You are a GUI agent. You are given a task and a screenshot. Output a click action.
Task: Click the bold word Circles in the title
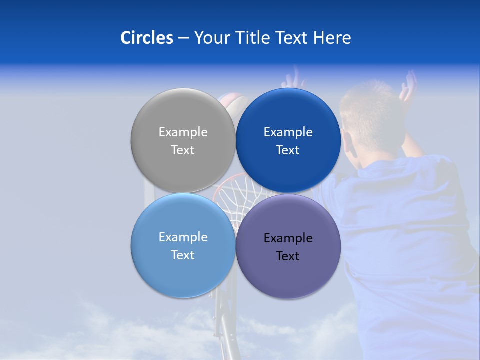[x=146, y=38]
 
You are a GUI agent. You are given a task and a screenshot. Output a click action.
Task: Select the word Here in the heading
[x=332, y=38]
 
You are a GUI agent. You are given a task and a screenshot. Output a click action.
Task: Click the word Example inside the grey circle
[x=183, y=132]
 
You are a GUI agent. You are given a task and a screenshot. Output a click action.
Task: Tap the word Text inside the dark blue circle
[x=288, y=150]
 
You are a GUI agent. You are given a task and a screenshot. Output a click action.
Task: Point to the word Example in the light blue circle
[x=183, y=237]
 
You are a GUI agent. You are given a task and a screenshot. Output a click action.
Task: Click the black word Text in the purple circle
[x=288, y=256]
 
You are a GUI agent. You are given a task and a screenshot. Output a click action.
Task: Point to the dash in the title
[x=183, y=38]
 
